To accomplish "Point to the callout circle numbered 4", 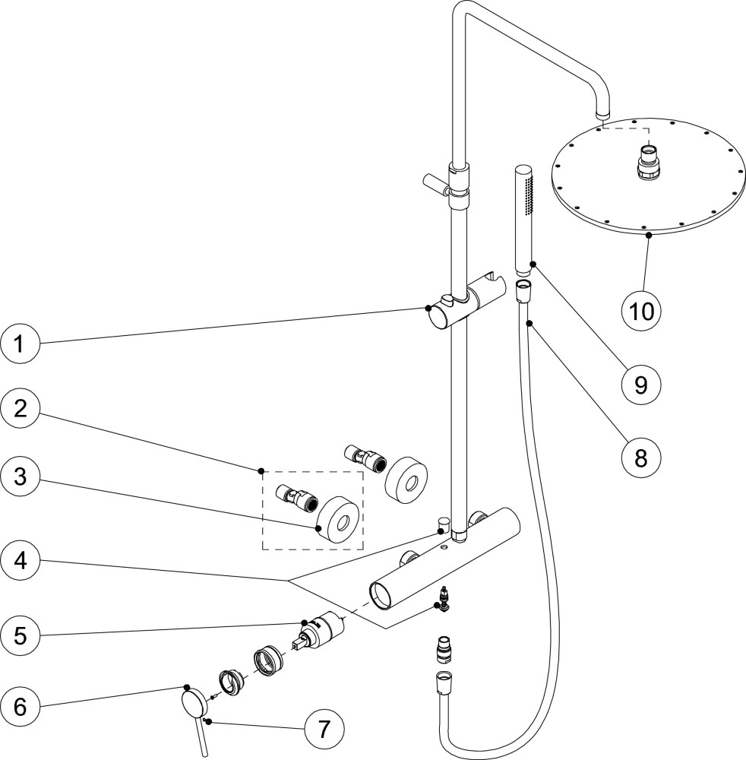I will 21,561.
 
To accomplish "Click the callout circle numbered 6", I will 21,706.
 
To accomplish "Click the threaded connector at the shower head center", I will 647,162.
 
